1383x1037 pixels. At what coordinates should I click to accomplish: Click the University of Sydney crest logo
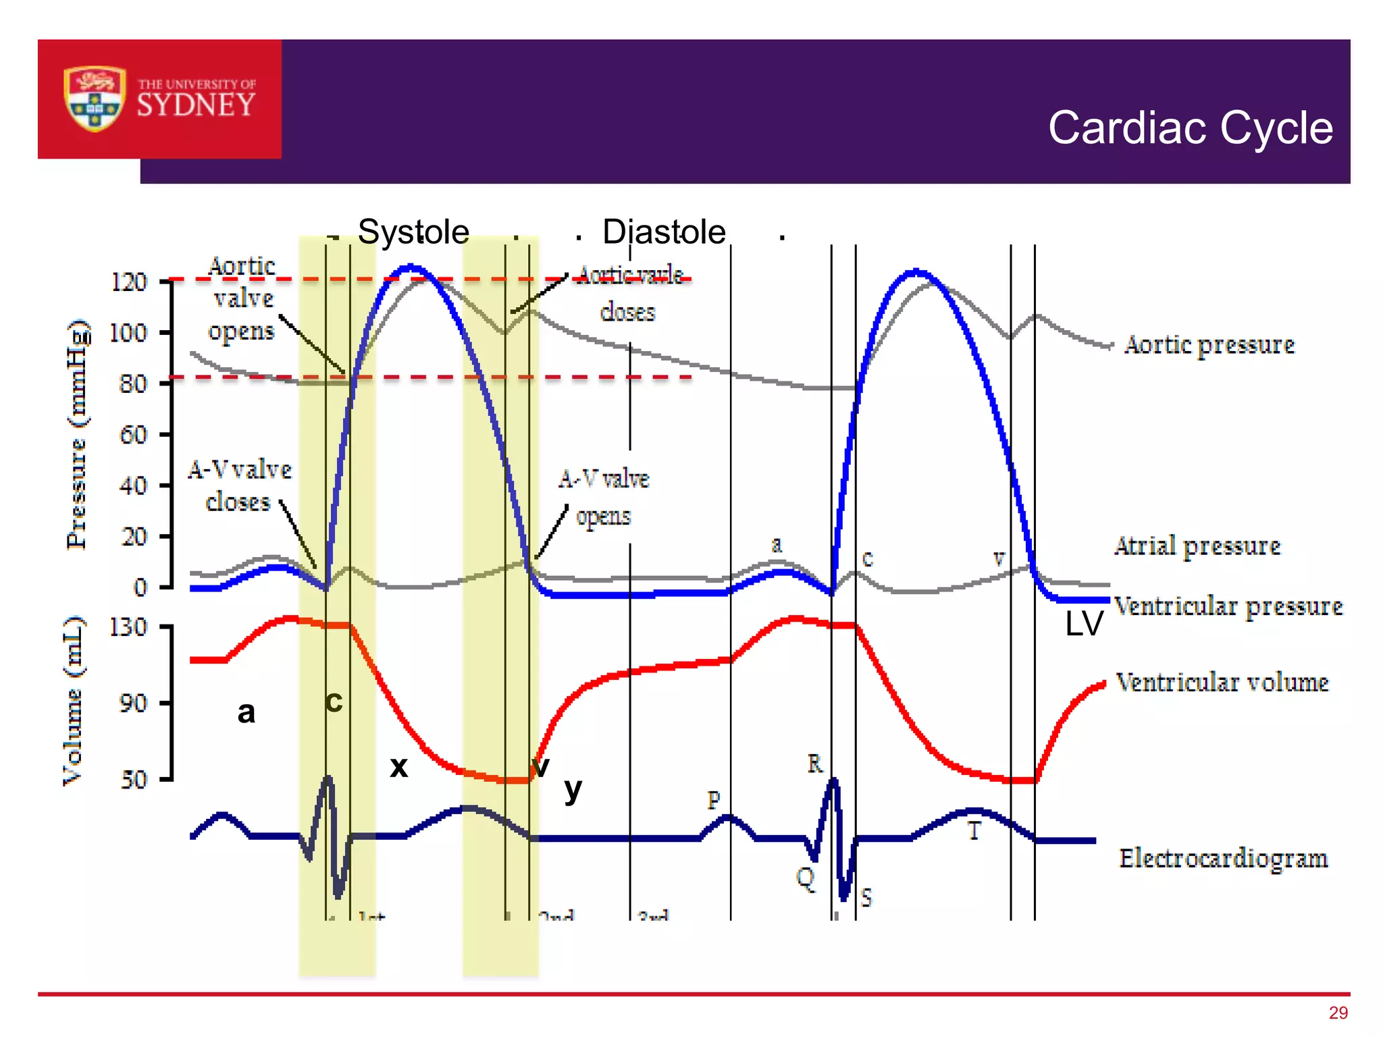coord(95,99)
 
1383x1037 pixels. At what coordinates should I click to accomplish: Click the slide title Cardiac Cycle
coord(1190,128)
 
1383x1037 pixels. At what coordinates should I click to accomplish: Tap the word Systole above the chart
coord(413,232)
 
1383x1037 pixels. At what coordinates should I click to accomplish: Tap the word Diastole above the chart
coord(664,232)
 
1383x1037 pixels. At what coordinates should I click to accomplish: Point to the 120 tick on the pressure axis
coord(128,282)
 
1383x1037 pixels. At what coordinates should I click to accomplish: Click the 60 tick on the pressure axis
coord(133,434)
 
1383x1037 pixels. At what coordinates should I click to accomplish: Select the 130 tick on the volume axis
coord(128,627)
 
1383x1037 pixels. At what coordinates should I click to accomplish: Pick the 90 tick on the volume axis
coord(133,703)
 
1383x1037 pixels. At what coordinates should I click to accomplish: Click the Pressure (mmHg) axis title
coord(77,434)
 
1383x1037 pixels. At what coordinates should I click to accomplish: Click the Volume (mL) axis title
coord(73,700)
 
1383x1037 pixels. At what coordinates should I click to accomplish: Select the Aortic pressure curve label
coord(1209,345)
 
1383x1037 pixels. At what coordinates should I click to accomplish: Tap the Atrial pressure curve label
coord(1197,546)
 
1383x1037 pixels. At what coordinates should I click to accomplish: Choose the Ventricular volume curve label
coord(1222,682)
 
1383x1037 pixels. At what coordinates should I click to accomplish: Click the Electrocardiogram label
coord(1223,858)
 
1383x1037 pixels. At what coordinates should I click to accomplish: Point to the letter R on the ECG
coord(815,764)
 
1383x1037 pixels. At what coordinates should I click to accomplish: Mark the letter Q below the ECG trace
coord(805,878)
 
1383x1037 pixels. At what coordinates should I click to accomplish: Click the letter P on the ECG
coord(714,801)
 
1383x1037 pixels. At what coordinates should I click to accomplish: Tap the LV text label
coord(1083,624)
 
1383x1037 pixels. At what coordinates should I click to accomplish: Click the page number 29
coord(1338,1013)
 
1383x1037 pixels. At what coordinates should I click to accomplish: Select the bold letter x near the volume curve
coord(399,767)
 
